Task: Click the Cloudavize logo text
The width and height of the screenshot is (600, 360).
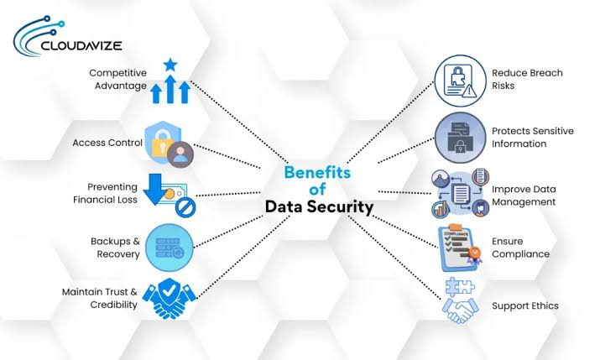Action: click(x=81, y=46)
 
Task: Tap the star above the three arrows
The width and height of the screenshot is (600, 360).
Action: click(x=170, y=65)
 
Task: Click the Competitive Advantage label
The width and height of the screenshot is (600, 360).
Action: click(x=117, y=79)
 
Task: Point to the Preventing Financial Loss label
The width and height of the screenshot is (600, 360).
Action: click(x=105, y=193)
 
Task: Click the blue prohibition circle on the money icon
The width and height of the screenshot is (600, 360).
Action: click(x=185, y=207)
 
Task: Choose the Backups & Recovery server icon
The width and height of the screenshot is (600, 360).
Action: click(x=170, y=248)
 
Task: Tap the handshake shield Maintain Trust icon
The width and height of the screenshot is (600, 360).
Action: click(x=169, y=299)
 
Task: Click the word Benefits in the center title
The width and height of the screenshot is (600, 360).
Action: click(x=317, y=172)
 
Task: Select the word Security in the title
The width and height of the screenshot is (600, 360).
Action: click(x=341, y=207)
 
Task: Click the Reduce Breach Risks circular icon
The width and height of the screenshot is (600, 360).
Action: click(x=460, y=81)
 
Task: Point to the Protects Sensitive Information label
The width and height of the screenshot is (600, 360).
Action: click(x=533, y=138)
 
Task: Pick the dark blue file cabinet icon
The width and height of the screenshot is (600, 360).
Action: click(x=461, y=138)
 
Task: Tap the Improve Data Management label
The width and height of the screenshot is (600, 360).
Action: click(x=524, y=196)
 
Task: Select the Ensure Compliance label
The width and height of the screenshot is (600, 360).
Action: click(x=520, y=248)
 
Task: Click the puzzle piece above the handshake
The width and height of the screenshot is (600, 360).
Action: click(x=460, y=286)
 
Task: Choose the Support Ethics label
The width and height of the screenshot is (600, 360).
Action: click(x=525, y=305)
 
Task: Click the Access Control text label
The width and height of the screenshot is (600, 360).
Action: click(x=107, y=143)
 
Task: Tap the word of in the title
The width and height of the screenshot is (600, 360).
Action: click(x=317, y=190)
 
